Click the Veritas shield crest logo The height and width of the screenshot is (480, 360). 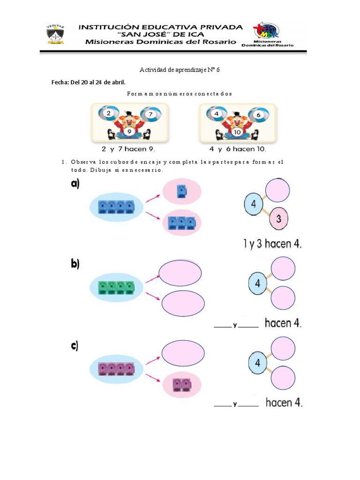coord(55,34)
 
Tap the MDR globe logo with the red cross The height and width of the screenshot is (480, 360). coord(266,30)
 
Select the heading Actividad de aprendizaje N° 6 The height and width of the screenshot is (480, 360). coord(180,70)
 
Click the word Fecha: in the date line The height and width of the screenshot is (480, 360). coord(60,82)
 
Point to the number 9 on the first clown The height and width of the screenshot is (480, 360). coord(129,131)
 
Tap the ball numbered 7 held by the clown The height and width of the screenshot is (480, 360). coord(150,114)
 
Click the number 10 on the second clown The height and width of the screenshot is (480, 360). coord(237,132)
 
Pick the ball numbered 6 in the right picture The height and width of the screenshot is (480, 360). coord(259,115)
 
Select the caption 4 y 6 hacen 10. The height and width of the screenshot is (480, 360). coord(238,149)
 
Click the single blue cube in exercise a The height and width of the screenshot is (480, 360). coord(182,191)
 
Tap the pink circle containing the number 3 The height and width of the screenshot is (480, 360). coord(278,218)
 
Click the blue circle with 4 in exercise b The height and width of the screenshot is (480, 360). coord(257,284)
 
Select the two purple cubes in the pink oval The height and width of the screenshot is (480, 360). coord(182,385)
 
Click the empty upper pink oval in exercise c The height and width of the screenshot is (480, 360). coord(183,353)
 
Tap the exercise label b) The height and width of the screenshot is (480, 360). coord(75,263)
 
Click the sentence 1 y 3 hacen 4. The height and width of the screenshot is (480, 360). coord(272,244)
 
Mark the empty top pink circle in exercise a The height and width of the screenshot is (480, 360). coord(277,190)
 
